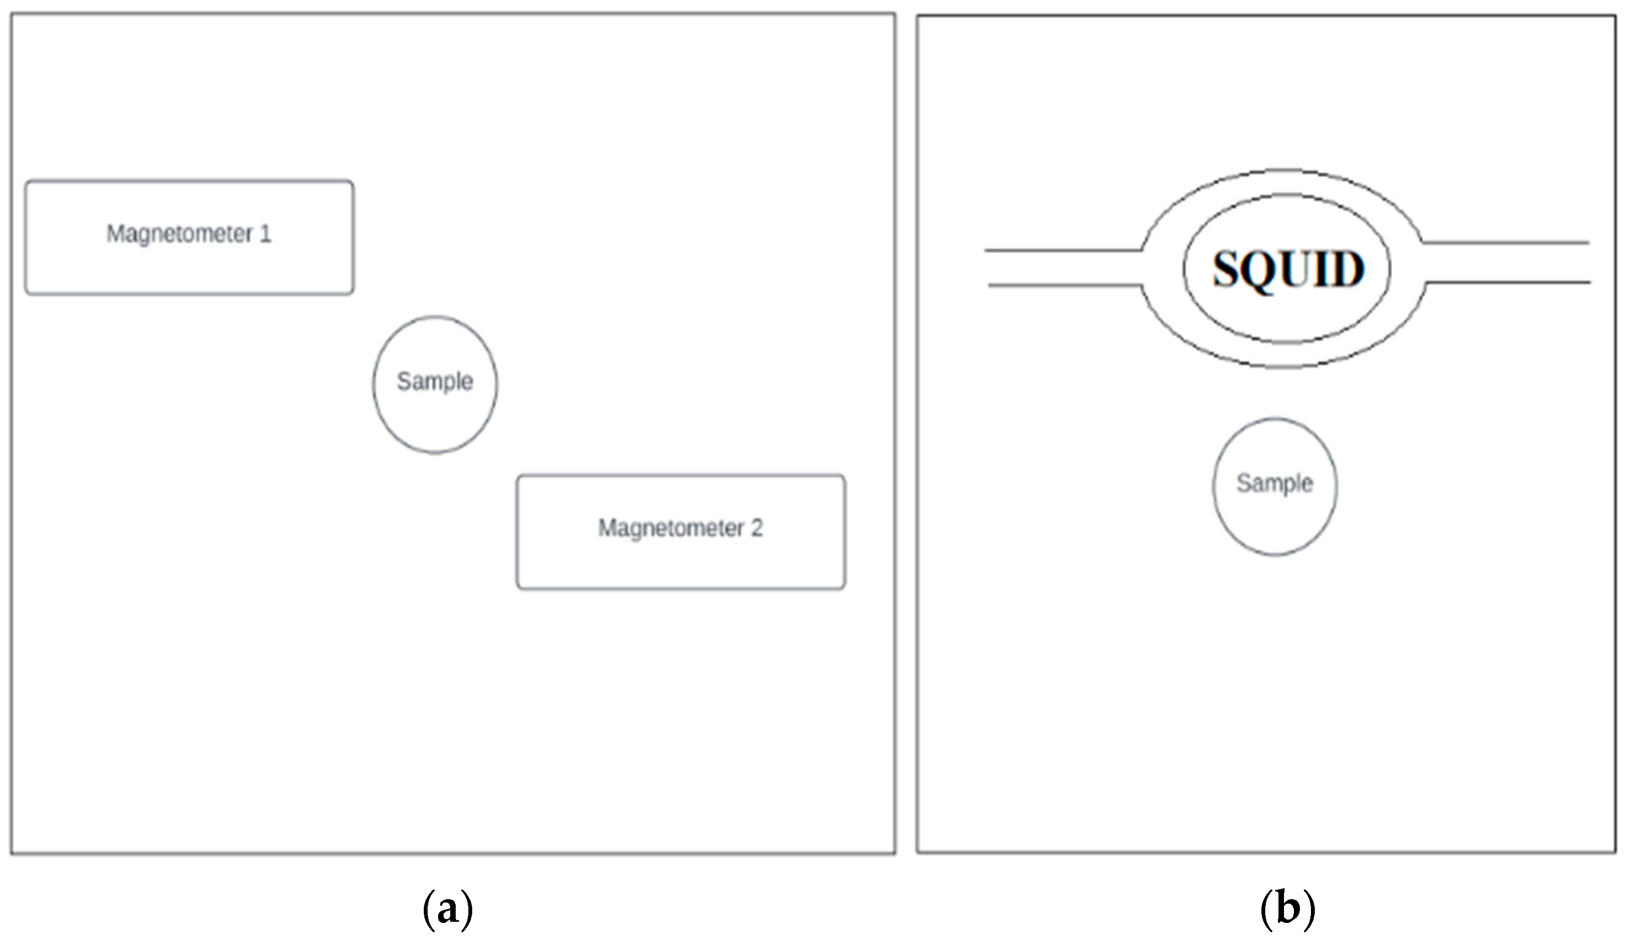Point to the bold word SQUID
point(1288,269)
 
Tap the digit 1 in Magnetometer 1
point(265,233)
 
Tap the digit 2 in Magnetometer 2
point(756,528)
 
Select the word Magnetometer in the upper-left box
point(179,234)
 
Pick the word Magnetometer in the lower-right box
point(670,528)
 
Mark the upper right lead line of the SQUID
point(1506,243)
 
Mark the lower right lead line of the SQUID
point(1508,282)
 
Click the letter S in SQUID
point(1226,269)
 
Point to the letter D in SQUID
point(1348,269)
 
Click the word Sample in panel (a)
point(435,382)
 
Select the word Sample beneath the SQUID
point(1274,484)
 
